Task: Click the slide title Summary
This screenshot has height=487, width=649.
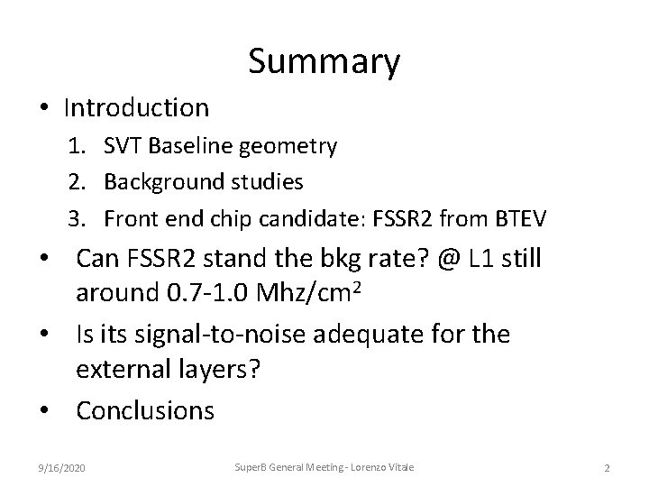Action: click(x=324, y=62)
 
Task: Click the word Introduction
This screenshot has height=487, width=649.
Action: click(x=136, y=108)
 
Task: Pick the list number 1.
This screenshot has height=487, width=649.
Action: click(x=78, y=146)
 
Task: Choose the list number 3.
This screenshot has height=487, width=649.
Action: click(x=78, y=218)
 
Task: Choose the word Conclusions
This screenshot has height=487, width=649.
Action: click(x=145, y=411)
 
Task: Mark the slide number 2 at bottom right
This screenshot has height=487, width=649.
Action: click(x=607, y=467)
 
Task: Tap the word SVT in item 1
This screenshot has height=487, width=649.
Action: click(x=123, y=146)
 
